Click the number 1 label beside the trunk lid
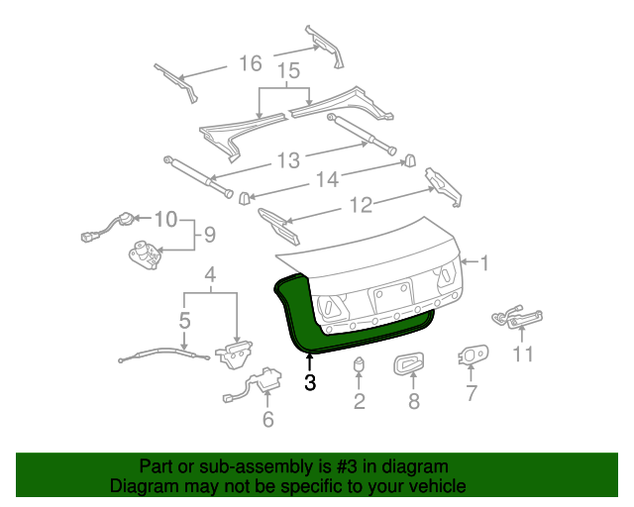point(484,263)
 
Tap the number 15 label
point(287,72)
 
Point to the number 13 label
point(287,160)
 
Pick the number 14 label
point(328,179)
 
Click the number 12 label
point(361,205)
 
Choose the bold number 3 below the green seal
point(310,382)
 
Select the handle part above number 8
point(409,365)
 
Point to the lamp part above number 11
point(518,317)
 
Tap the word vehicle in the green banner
point(438,486)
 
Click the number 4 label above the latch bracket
point(209,274)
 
